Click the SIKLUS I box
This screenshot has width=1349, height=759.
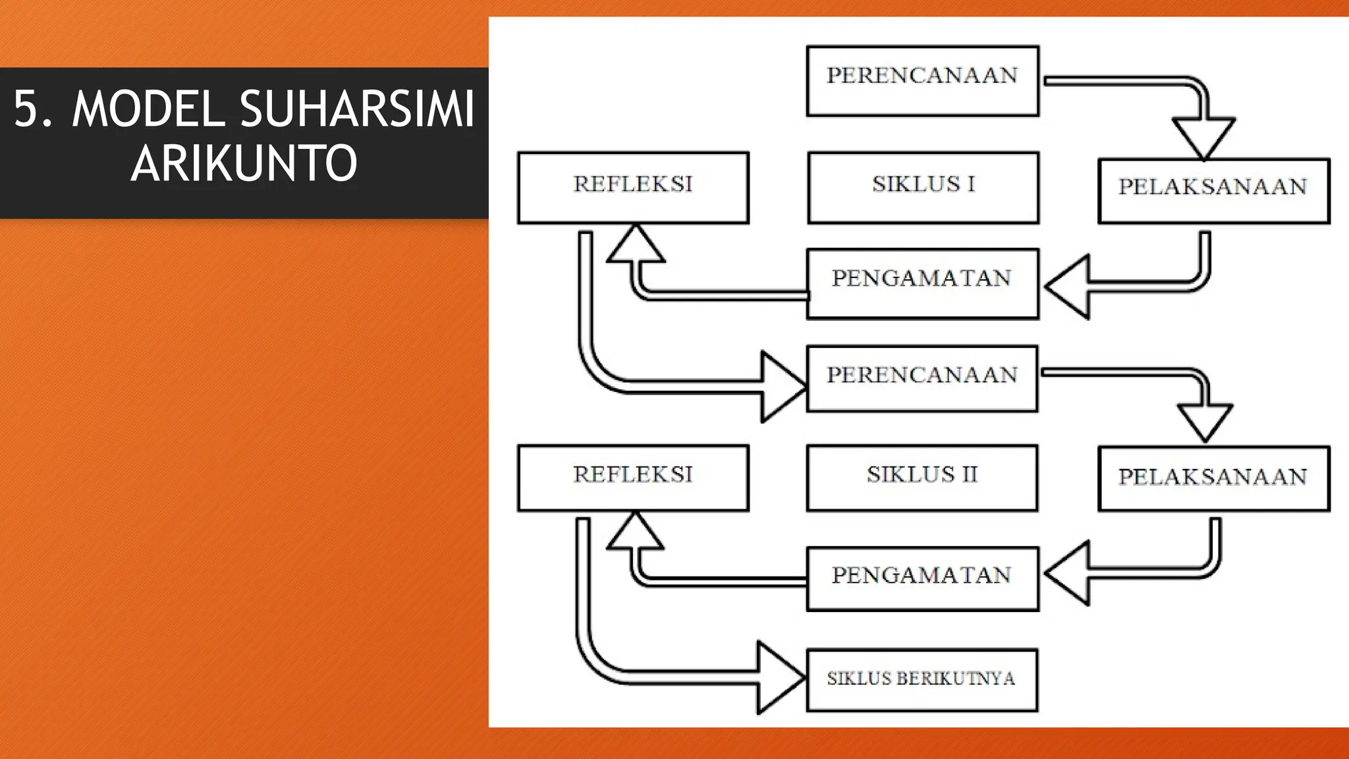pyautogui.click(x=923, y=188)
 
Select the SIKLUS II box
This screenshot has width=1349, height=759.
pyautogui.click(x=922, y=478)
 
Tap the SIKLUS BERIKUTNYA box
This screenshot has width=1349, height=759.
pyautogui.click(x=922, y=680)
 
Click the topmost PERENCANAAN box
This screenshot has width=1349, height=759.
pyautogui.click(x=923, y=81)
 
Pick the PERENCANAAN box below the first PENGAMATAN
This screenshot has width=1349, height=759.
pyautogui.click(x=922, y=378)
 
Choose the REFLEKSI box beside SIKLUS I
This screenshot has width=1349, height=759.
pyautogui.click(x=633, y=188)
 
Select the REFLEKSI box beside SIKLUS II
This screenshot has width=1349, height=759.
pyautogui.click(x=633, y=478)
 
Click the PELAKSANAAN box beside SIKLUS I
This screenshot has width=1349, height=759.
pyautogui.click(x=1213, y=191)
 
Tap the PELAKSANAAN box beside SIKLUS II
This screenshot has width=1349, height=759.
pyautogui.click(x=1213, y=478)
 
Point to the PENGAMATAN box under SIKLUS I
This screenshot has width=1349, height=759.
pyautogui.click(x=922, y=283)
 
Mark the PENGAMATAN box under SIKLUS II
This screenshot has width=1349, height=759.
pyautogui.click(x=922, y=578)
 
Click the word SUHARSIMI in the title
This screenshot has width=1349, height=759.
pyautogui.click(x=356, y=109)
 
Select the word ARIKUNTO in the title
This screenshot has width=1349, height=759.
pyautogui.click(x=244, y=163)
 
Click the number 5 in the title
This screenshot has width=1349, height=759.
pyautogui.click(x=25, y=109)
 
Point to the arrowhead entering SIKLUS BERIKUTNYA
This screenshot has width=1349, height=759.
pyautogui.click(x=779, y=677)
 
